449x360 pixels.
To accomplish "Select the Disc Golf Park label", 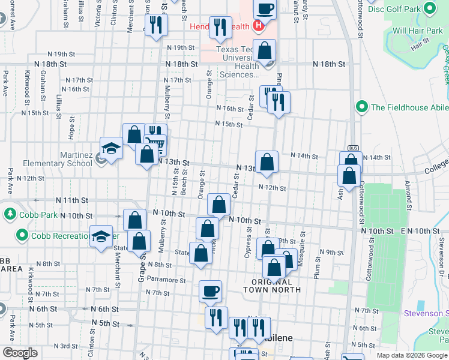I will tap(394, 9).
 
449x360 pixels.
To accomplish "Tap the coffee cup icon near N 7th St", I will tap(210, 292).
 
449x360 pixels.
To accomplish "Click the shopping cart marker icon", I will tap(155, 142).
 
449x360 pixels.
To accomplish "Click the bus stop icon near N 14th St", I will tap(352, 149).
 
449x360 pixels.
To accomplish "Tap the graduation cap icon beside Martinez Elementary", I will tap(111, 148).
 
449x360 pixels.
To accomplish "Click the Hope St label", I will tap(71, 129).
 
